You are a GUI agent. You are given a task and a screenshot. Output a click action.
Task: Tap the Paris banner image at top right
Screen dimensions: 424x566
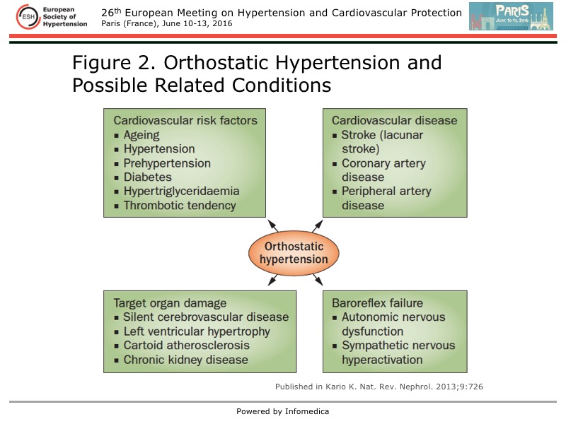pyautogui.click(x=511, y=16)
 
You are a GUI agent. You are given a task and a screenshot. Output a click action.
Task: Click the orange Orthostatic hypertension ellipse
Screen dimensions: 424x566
pyautogui.click(x=294, y=253)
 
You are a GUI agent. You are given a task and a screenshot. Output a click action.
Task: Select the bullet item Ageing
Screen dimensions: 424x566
pyautogui.click(x=141, y=135)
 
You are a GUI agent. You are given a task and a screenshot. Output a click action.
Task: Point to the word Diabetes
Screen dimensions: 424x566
pyautogui.click(x=147, y=177)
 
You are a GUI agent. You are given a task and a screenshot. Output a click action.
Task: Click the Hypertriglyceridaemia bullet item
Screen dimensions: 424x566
pyautogui.click(x=181, y=192)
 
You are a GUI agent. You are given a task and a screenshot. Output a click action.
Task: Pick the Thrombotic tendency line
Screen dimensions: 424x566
pyautogui.click(x=179, y=206)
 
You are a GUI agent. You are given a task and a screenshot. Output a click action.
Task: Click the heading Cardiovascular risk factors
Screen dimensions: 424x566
pyautogui.click(x=185, y=120)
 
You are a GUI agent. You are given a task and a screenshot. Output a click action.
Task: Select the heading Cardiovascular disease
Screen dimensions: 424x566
pyautogui.click(x=394, y=120)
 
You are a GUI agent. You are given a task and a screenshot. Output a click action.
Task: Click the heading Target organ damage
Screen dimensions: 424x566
pyautogui.click(x=170, y=303)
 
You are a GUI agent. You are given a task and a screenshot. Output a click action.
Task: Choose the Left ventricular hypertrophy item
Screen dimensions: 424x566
pyautogui.click(x=196, y=331)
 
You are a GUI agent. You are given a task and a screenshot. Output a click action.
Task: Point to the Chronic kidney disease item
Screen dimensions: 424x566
pyautogui.click(x=185, y=360)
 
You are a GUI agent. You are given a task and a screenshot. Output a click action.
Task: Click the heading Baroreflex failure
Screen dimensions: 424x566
pyautogui.click(x=377, y=303)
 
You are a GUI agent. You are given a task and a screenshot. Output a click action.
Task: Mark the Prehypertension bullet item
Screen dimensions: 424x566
pyautogui.click(x=167, y=163)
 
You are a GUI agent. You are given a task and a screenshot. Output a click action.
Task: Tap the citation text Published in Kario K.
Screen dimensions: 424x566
pyautogui.click(x=379, y=387)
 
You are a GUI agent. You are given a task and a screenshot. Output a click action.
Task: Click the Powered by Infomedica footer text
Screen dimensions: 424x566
pyautogui.click(x=283, y=411)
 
